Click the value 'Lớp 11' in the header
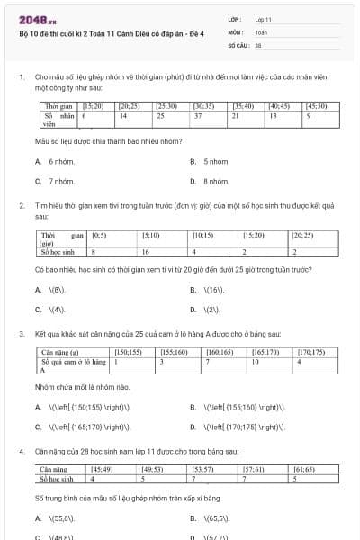(264, 19)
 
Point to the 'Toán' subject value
(261, 31)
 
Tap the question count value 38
(258, 44)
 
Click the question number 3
(21, 334)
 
